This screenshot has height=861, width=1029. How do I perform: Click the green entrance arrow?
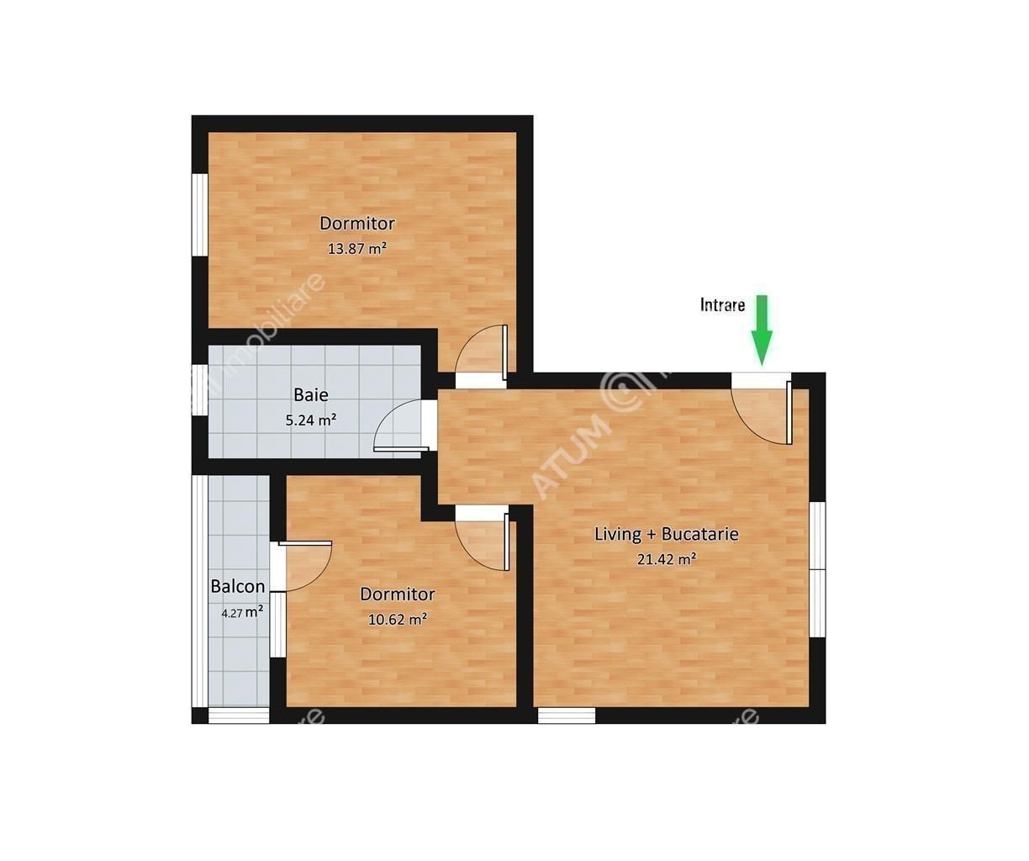[762, 330]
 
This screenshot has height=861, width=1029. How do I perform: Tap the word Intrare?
[722, 305]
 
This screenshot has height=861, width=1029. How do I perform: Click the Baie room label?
[311, 395]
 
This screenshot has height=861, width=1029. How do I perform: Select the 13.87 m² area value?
[357, 248]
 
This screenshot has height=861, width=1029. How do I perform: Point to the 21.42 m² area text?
[667, 559]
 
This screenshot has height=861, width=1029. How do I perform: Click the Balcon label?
[238, 587]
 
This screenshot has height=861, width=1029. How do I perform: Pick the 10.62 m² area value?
[398, 619]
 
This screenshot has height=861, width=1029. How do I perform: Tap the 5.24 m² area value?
[311, 420]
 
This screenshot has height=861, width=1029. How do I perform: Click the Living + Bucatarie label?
[667, 534]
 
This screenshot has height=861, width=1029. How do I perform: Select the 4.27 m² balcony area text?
[242, 613]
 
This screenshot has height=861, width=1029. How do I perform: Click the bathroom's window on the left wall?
[199, 390]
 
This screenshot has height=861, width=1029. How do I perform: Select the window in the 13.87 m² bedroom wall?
[199, 215]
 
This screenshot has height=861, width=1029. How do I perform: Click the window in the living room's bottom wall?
[567, 716]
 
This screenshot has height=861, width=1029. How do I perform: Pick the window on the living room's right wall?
[818, 570]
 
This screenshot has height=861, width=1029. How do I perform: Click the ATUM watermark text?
[572, 456]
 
